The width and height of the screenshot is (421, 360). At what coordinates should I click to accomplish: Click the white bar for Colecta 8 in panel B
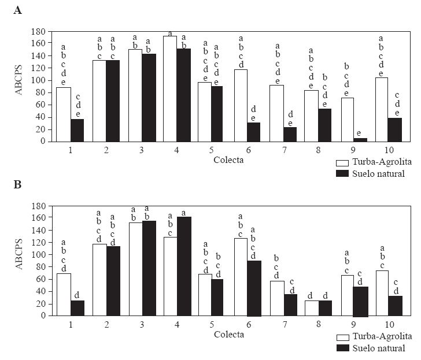311,308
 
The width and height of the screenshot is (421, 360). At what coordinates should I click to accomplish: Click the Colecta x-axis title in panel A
228,159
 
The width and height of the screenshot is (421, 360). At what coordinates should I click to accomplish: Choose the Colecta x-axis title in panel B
228,334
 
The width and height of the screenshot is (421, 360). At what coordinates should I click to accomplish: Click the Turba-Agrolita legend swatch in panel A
343,164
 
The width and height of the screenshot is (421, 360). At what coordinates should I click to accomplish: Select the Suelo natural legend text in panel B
381,348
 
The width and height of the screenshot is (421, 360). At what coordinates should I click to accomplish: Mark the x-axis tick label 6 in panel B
248,324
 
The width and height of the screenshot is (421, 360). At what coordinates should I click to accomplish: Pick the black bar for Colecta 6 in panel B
254,288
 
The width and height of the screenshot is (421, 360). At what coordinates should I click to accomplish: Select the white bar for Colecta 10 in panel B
382,293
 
